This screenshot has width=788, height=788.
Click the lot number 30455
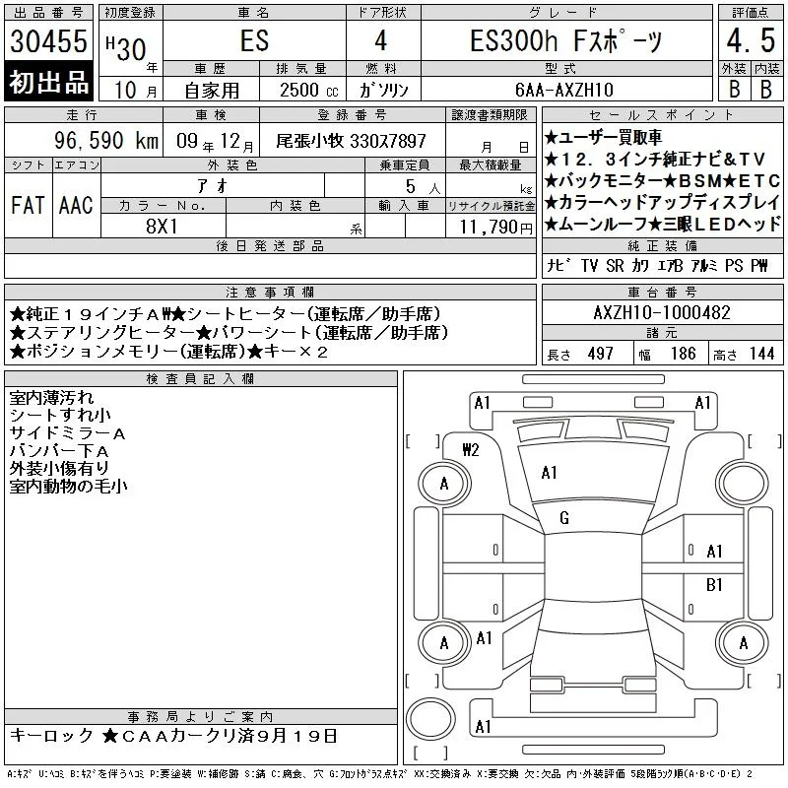click(48, 41)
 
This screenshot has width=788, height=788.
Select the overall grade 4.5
click(751, 40)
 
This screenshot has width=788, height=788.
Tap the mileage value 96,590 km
click(106, 140)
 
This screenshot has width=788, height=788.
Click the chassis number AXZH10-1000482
click(662, 312)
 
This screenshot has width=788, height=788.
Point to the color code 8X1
click(162, 227)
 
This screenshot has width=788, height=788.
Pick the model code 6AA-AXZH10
click(564, 90)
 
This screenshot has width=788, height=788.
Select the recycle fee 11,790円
click(495, 227)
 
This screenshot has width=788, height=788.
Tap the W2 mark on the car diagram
click(471, 450)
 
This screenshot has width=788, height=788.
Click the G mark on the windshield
click(564, 518)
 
